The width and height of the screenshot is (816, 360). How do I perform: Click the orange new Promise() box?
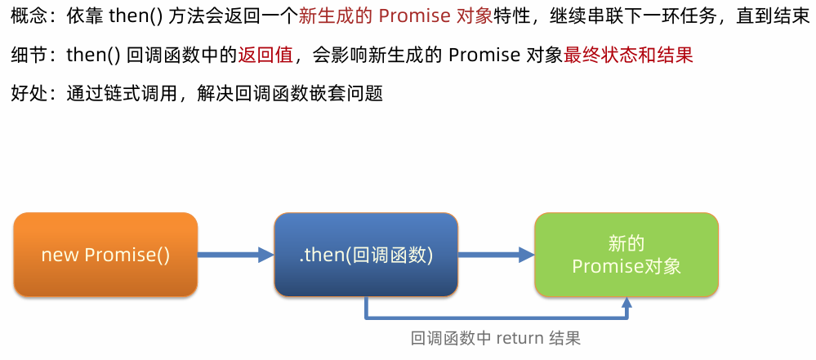tap(105, 255)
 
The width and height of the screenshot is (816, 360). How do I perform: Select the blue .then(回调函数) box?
tap(365, 255)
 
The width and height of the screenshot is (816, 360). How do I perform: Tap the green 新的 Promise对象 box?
tap(626, 255)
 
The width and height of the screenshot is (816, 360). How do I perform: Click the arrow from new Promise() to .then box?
tap(235, 255)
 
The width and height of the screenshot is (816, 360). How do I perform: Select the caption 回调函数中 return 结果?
tap(496, 338)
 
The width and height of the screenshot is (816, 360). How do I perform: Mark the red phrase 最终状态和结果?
tap(628, 55)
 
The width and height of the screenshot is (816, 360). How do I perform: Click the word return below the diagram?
tap(518, 338)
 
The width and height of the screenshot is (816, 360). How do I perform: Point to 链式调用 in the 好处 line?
tap(149, 93)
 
